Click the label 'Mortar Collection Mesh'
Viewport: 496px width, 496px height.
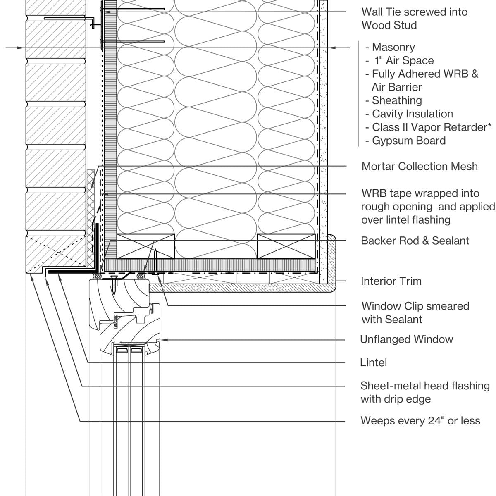pyautogui.click(x=419, y=167)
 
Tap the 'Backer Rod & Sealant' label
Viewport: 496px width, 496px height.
pyautogui.click(x=415, y=241)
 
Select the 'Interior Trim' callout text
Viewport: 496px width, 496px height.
pyautogui.click(x=391, y=281)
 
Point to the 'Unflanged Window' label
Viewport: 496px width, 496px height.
pyautogui.click(x=407, y=339)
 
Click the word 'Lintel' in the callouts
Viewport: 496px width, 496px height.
pyautogui.click(x=374, y=362)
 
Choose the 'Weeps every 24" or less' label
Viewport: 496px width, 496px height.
pyautogui.click(x=420, y=421)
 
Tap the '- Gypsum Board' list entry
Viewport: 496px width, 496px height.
pyautogui.click(x=405, y=141)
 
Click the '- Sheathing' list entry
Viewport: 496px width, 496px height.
pyautogui.click(x=393, y=100)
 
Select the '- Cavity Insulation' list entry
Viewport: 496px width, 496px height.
pyautogui.click(x=409, y=114)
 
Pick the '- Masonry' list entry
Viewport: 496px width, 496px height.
pyautogui.click(x=390, y=47)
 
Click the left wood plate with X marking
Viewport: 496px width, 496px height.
pyautogui.click(x=146, y=246)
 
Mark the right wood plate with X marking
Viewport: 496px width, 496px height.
pyautogui.click(x=286, y=246)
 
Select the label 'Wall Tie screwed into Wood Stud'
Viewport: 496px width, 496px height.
pyautogui.click(x=414, y=19)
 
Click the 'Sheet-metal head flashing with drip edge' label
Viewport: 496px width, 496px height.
pyautogui.click(x=424, y=392)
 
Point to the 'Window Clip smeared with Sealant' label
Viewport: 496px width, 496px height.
pyautogui.click(x=415, y=312)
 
